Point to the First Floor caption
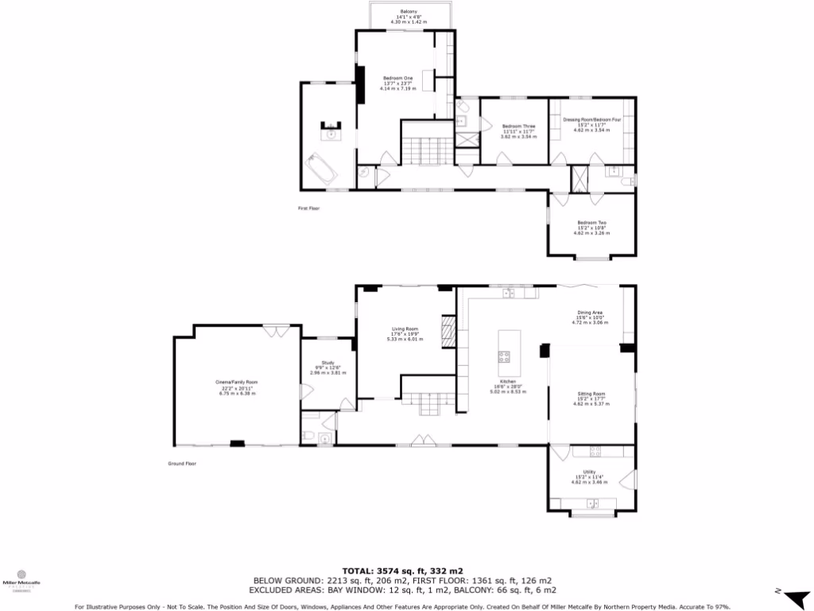click(308, 208)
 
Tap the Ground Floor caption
click(181, 463)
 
